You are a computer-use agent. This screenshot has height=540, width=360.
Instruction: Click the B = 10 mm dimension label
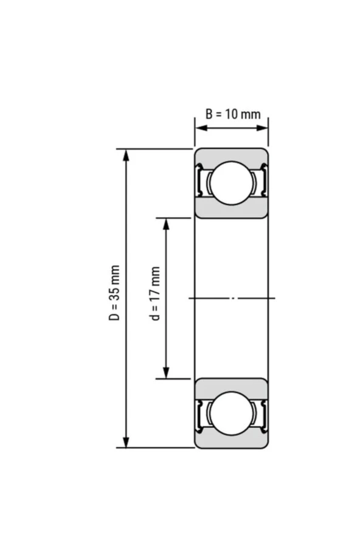(x=232, y=114)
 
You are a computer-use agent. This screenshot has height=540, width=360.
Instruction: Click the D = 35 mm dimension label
(x=114, y=292)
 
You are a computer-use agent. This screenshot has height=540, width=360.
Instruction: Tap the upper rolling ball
(x=231, y=183)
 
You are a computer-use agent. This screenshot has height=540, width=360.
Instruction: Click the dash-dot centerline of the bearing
(x=232, y=298)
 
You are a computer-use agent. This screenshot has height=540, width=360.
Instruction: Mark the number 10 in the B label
(x=234, y=114)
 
